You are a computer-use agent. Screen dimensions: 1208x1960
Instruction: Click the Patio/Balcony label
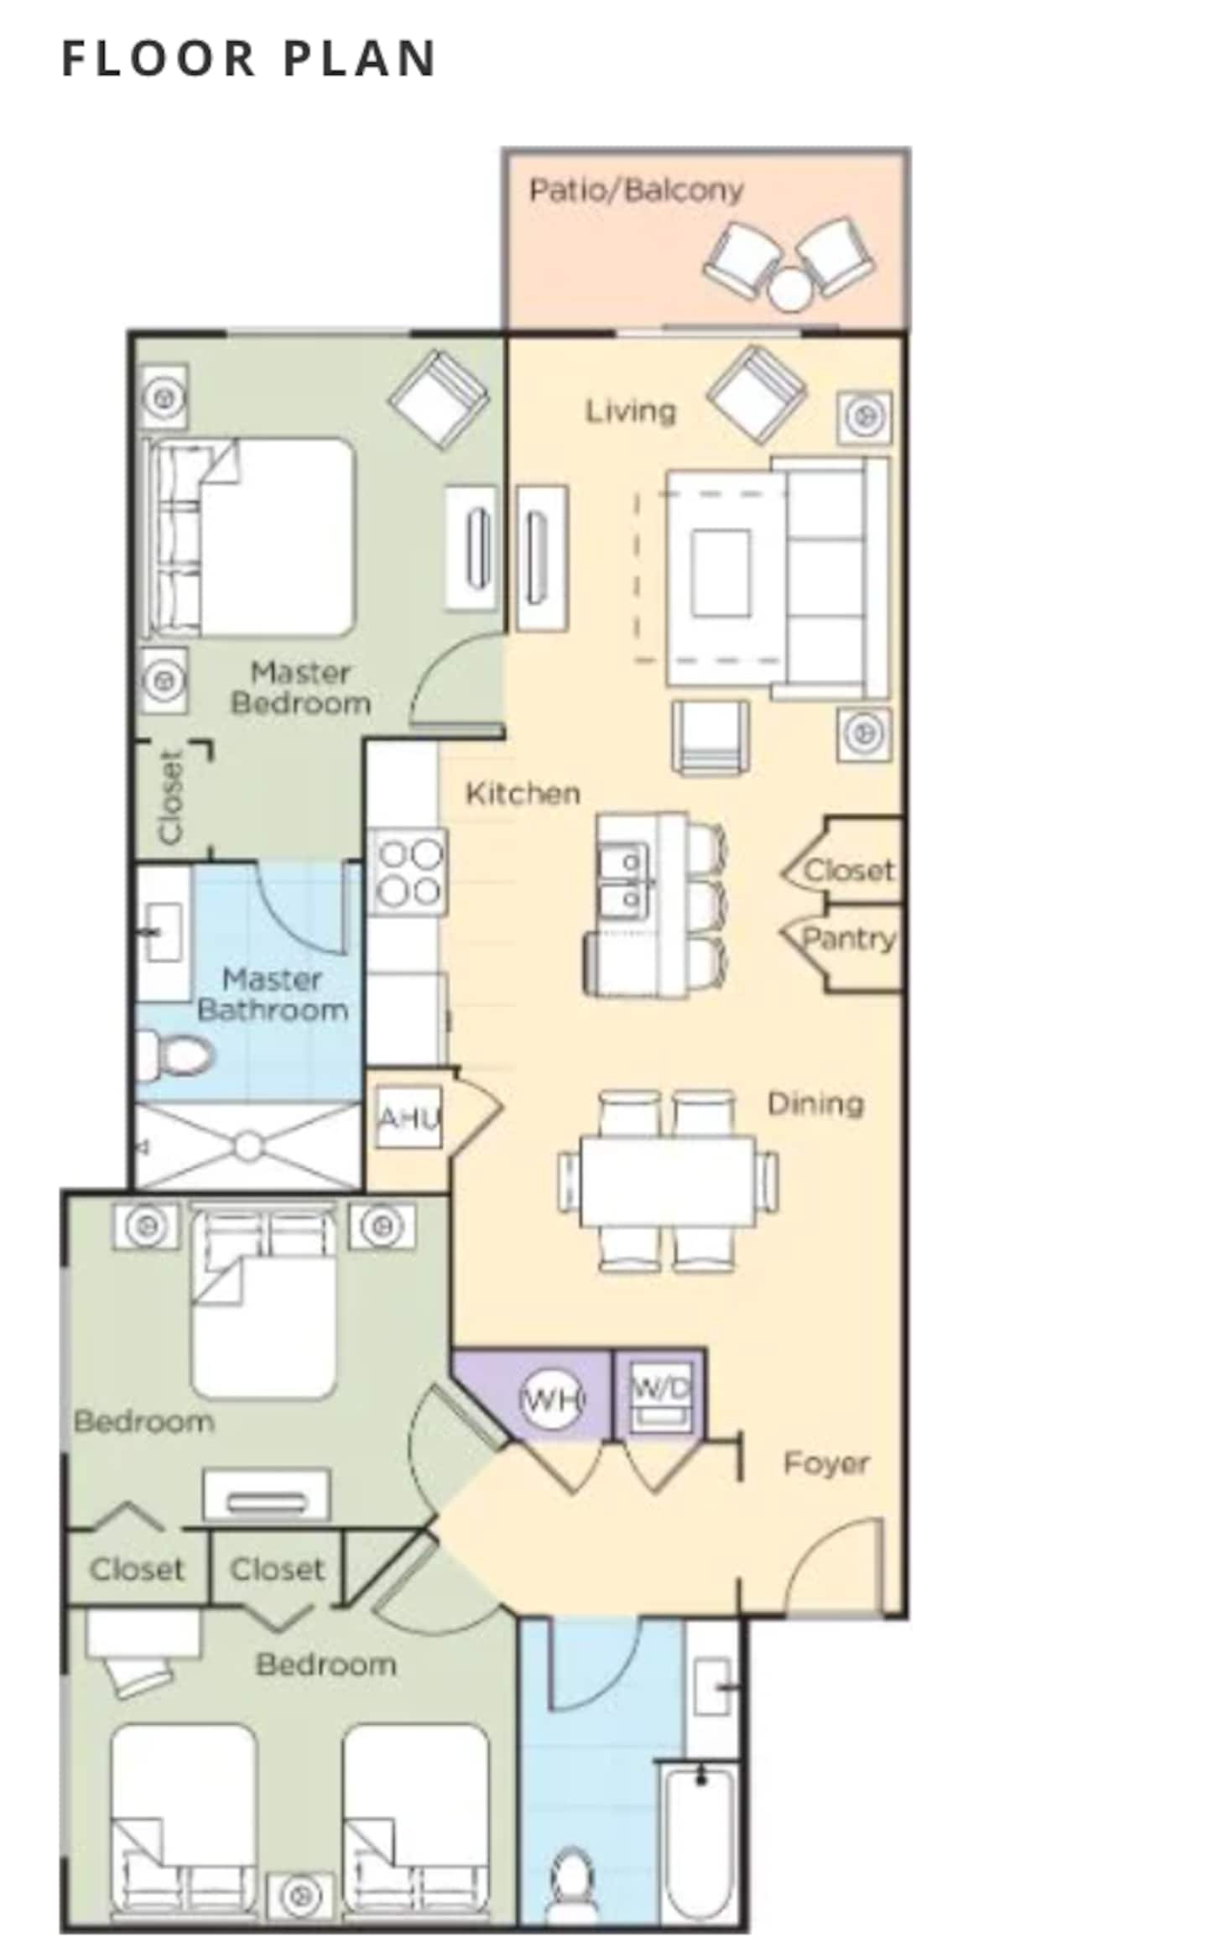(x=636, y=190)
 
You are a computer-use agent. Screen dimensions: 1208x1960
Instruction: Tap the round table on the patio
(x=790, y=289)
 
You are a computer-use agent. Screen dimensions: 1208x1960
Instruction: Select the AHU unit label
(x=409, y=1118)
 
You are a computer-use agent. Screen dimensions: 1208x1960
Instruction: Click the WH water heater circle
(x=553, y=1398)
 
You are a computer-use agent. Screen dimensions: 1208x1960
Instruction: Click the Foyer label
(x=825, y=1462)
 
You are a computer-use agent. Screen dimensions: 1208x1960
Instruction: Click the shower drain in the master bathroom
(x=248, y=1146)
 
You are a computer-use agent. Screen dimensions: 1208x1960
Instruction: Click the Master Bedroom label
(x=300, y=688)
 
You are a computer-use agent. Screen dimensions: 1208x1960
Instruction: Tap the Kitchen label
(x=523, y=793)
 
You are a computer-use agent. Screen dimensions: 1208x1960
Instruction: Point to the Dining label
(x=815, y=1103)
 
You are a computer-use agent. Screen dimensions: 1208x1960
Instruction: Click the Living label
(x=630, y=411)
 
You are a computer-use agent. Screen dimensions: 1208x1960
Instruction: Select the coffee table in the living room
(x=721, y=573)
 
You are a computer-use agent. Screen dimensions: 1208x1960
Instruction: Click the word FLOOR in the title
(x=158, y=59)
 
